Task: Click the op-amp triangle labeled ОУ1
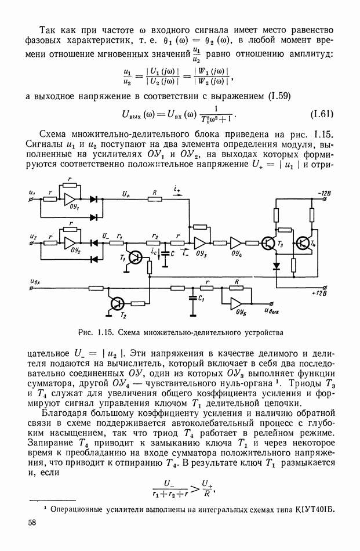coord(70,199)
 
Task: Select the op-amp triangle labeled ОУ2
coord(70,240)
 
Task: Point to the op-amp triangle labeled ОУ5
coord(237,303)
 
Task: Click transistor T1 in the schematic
coord(134,258)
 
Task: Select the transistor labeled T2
coord(118,303)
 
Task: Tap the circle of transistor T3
coord(268,243)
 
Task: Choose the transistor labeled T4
coord(303,243)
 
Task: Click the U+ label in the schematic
coord(127,192)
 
